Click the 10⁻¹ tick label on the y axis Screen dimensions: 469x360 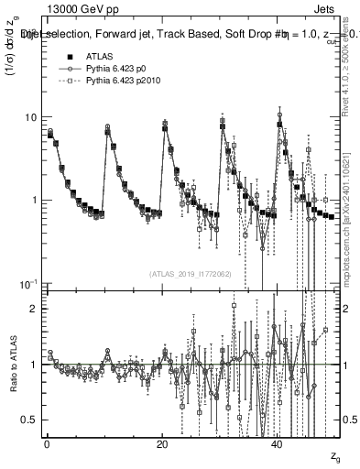point(29,283)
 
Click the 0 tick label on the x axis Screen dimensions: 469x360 point(47,443)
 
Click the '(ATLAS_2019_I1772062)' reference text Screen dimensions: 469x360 point(191,274)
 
